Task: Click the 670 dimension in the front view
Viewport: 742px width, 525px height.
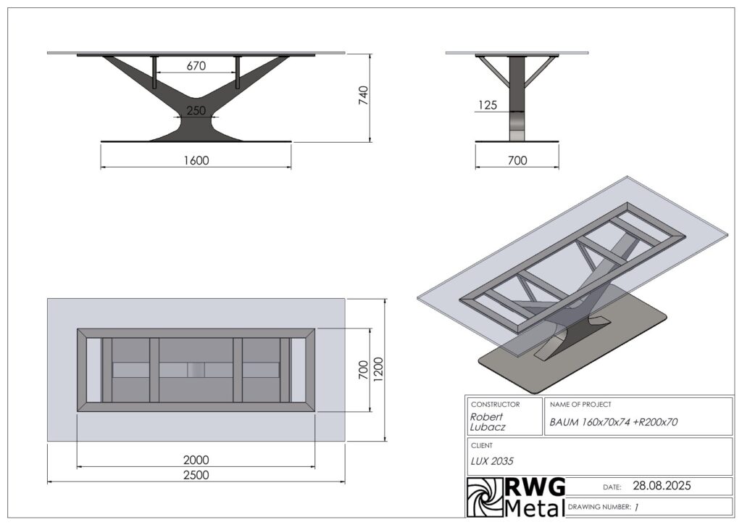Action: click(196, 66)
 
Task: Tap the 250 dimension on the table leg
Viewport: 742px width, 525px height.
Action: click(196, 111)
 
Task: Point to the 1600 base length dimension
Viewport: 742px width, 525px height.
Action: click(196, 160)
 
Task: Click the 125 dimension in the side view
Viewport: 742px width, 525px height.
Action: click(488, 105)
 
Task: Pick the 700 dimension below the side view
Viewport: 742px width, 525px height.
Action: click(517, 160)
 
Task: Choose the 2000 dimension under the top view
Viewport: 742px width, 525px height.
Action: click(196, 460)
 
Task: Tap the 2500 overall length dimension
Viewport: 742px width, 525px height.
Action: click(196, 475)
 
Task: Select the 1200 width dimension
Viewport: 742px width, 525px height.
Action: click(378, 370)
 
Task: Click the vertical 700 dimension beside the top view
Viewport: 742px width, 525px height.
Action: click(364, 370)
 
